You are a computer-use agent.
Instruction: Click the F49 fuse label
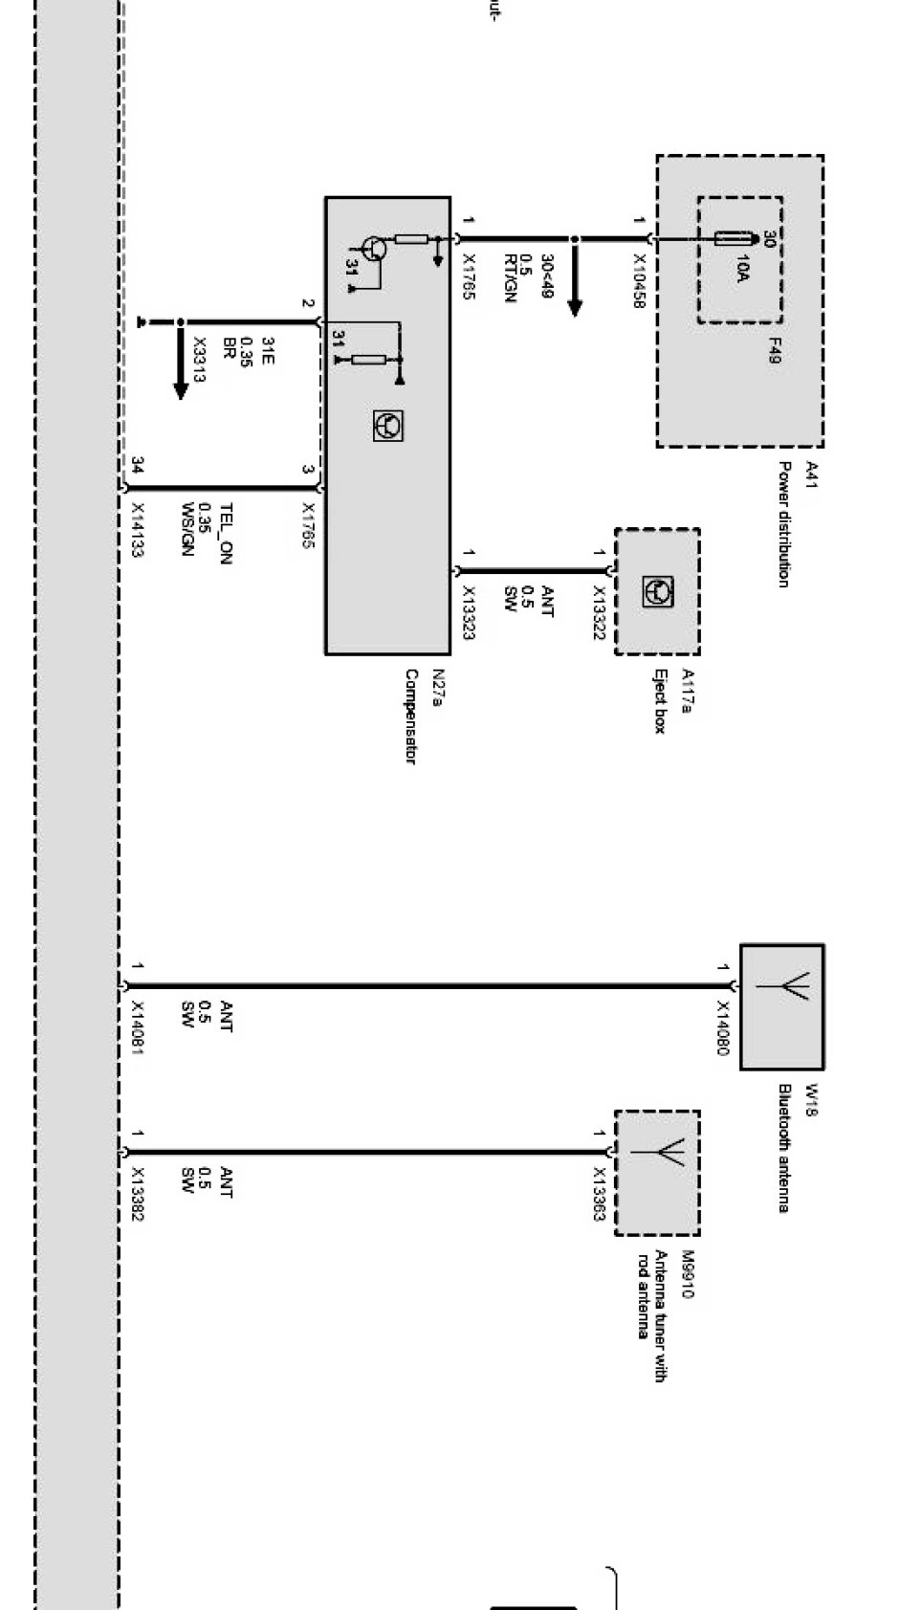click(x=775, y=356)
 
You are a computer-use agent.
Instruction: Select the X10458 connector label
click(x=639, y=280)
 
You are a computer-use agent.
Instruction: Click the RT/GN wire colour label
click(x=510, y=278)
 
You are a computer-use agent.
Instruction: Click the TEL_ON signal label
click(x=227, y=534)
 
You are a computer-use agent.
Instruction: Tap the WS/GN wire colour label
click(x=187, y=529)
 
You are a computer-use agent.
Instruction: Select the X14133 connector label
click(x=138, y=531)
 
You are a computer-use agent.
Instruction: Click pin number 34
click(x=138, y=466)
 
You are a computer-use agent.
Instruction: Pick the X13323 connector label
click(x=469, y=611)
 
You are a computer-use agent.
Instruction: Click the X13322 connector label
click(x=600, y=613)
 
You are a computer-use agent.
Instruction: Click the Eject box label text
click(x=659, y=700)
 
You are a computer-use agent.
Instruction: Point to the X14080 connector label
click(x=723, y=1028)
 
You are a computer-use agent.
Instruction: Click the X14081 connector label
click(x=138, y=1028)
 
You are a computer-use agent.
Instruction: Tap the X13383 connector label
click(x=138, y=1194)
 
